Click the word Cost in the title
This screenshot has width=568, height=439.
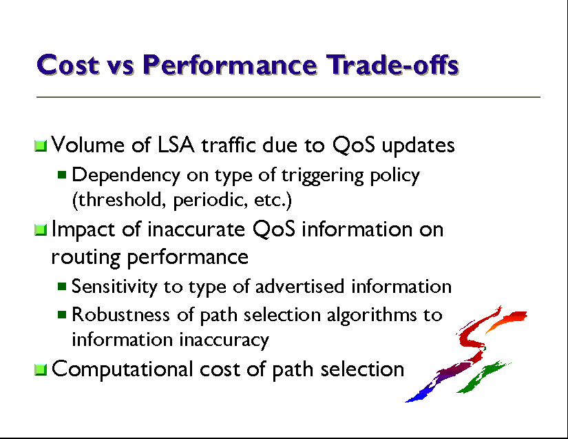67,65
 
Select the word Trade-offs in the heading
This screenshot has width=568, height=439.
392,65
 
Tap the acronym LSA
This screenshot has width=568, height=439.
176,145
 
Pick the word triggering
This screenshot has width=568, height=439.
322,176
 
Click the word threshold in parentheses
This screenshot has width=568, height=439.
119,200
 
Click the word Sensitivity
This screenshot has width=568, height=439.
114,287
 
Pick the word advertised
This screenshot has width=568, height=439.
299,287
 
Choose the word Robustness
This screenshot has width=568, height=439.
120,314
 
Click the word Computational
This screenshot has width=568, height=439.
122,370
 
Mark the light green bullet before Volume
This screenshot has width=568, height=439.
41,145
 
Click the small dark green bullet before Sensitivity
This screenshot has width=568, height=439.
62,287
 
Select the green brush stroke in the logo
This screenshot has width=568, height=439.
483,377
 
